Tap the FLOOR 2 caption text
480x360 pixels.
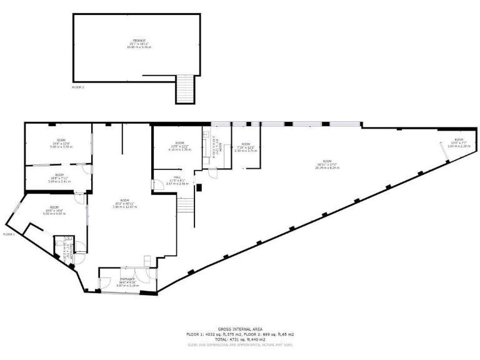[x=77, y=87]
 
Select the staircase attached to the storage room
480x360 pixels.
[x=184, y=89]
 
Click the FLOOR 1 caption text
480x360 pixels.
[x=9, y=234]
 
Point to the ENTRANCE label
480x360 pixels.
[x=127, y=279]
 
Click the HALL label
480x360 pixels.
[x=177, y=177]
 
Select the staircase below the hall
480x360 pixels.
[x=185, y=206]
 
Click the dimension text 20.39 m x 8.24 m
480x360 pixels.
[x=327, y=167]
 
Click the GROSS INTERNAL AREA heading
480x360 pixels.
[x=239, y=329]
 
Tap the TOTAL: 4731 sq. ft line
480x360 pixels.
[x=239, y=339]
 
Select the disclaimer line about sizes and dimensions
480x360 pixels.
[x=239, y=344]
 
